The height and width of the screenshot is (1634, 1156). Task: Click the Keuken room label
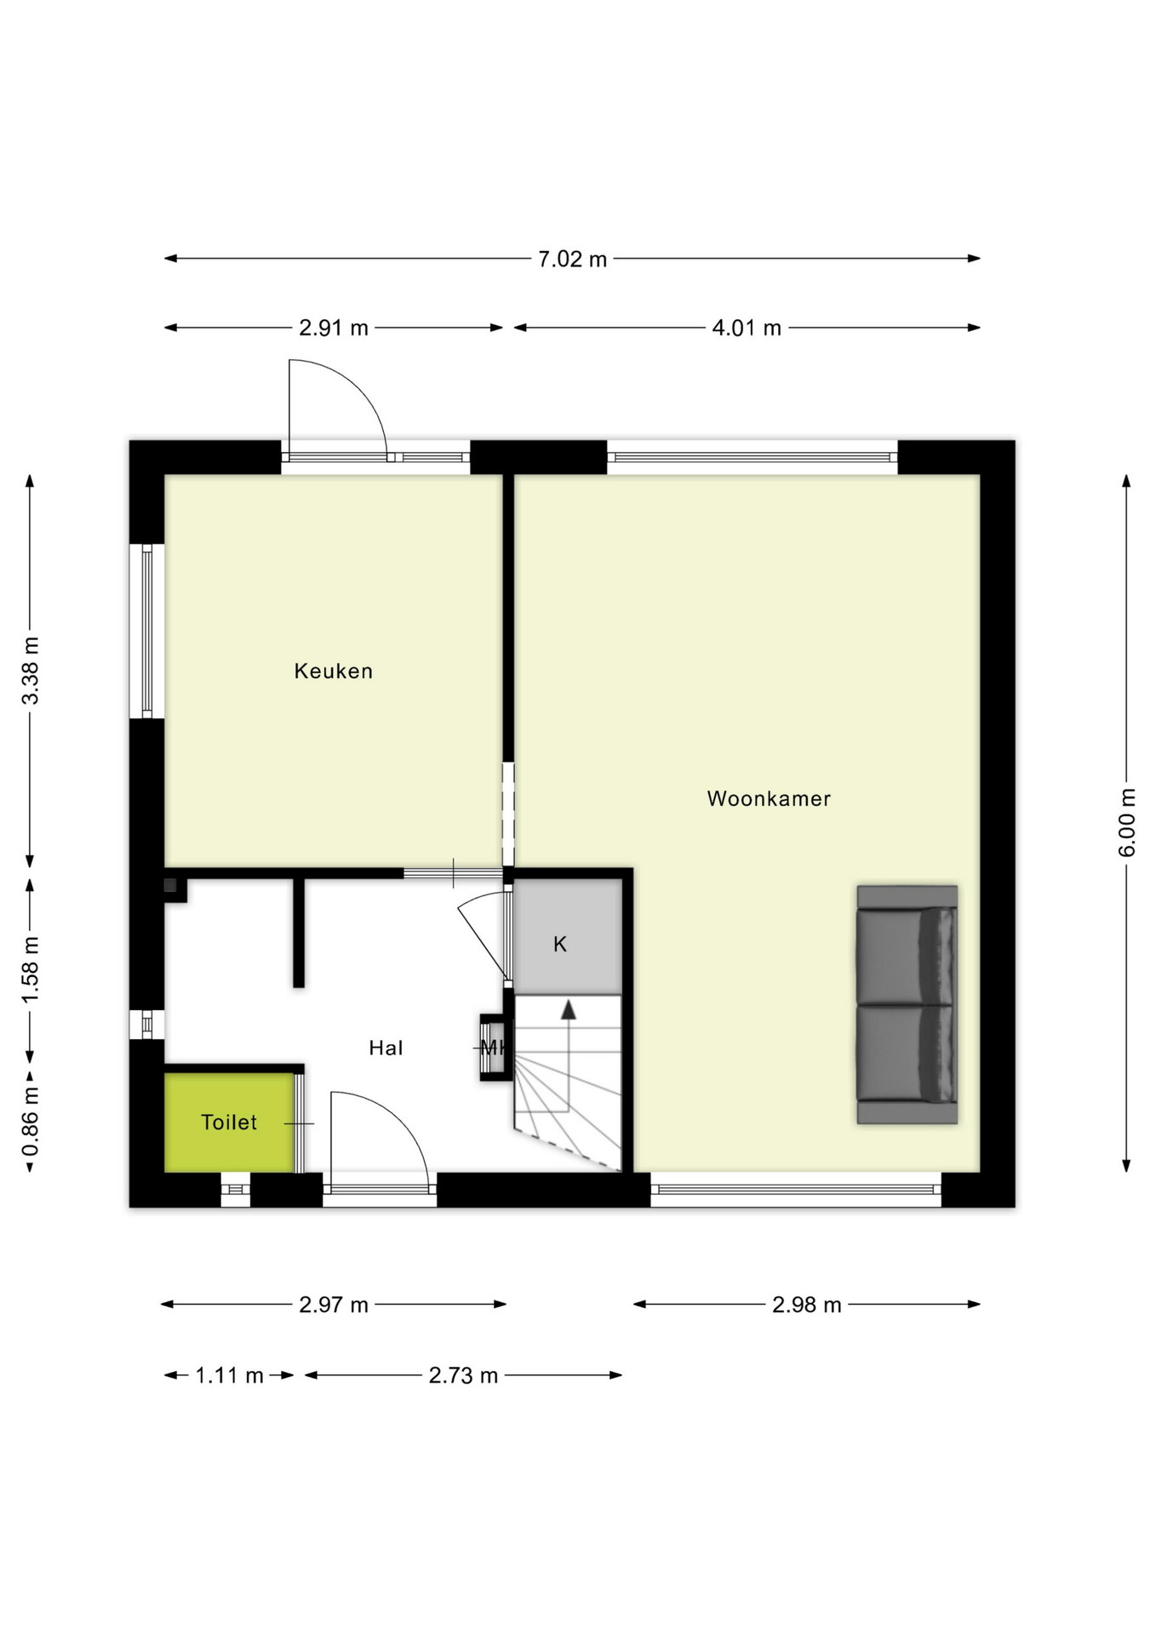[333, 671]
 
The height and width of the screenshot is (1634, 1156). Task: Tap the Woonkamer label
[768, 799]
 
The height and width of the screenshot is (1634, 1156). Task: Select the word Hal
[386, 1048]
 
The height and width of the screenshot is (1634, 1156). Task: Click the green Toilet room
[228, 1123]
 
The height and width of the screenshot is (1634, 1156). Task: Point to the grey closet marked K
[567, 936]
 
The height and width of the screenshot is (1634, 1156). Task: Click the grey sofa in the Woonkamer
[907, 1005]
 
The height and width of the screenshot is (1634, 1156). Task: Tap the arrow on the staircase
[568, 1011]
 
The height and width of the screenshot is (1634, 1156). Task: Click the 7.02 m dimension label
[572, 259]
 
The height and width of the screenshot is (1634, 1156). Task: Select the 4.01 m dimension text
[747, 328]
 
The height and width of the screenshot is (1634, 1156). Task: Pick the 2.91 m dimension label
[333, 328]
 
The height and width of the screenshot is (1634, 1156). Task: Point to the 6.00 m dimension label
[1127, 823]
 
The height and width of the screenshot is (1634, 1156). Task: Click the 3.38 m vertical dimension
[31, 671]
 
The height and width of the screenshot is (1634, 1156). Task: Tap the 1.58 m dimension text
[31, 969]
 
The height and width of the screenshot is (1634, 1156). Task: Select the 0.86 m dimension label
[31, 1122]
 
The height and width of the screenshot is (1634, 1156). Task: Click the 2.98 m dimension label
[806, 1305]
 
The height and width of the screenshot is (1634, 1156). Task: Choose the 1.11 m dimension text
[229, 1375]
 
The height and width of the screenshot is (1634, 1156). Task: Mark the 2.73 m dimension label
[463, 1375]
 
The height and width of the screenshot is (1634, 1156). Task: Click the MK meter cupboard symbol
[493, 1048]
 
